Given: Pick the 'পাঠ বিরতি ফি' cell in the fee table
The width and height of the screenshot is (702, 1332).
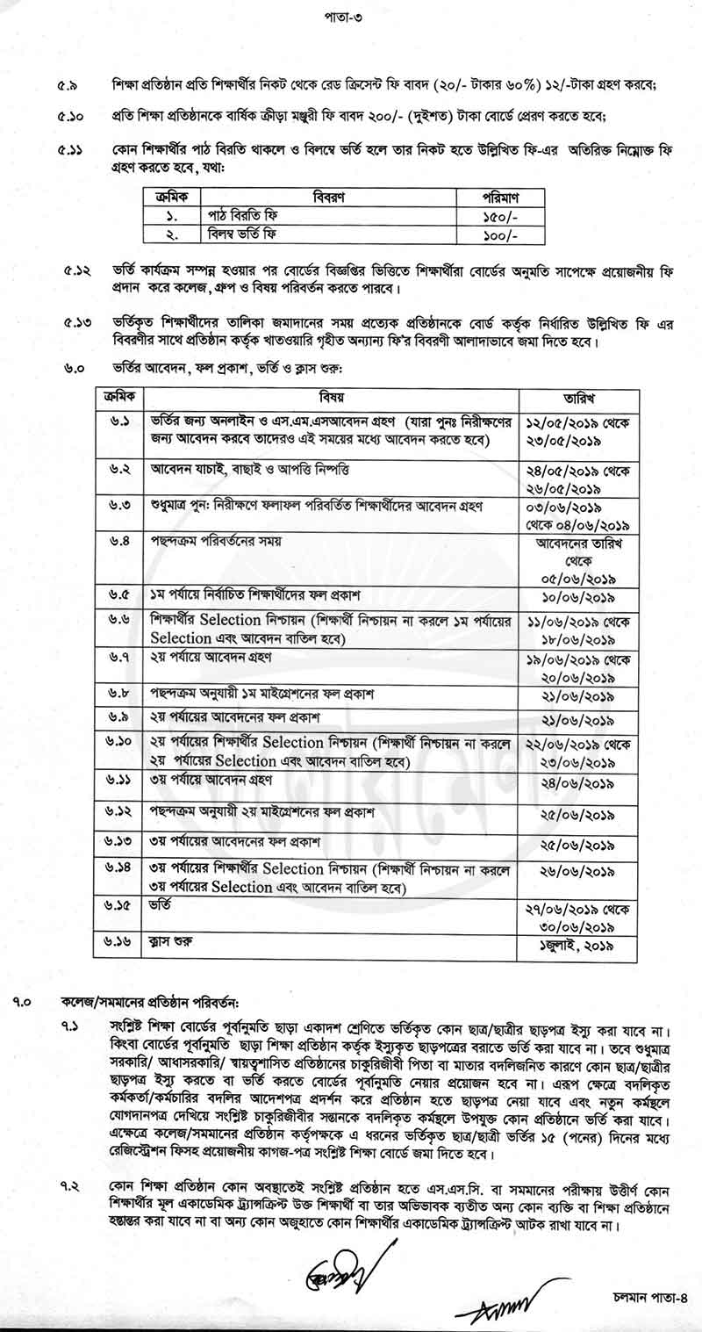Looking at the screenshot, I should pyautogui.click(x=249, y=215).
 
